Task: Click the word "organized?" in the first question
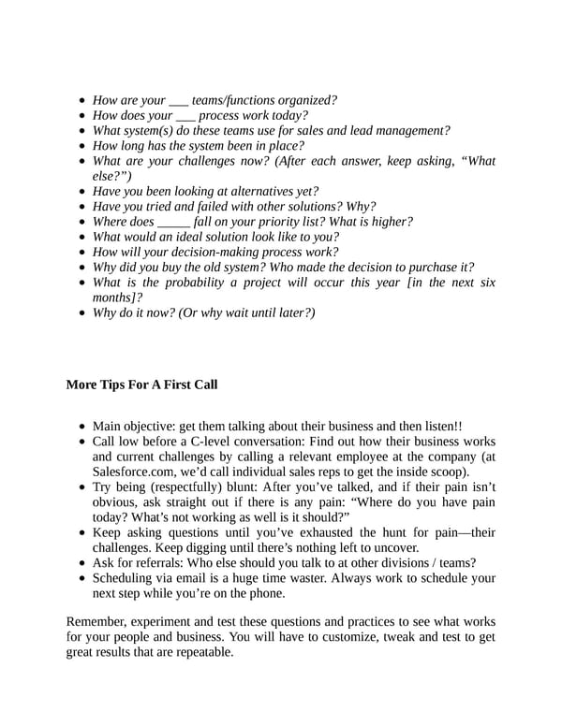tap(306, 100)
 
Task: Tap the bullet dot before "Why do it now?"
tap(84, 312)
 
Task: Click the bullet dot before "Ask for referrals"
tap(84, 562)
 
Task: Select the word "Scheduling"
tap(126, 578)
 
